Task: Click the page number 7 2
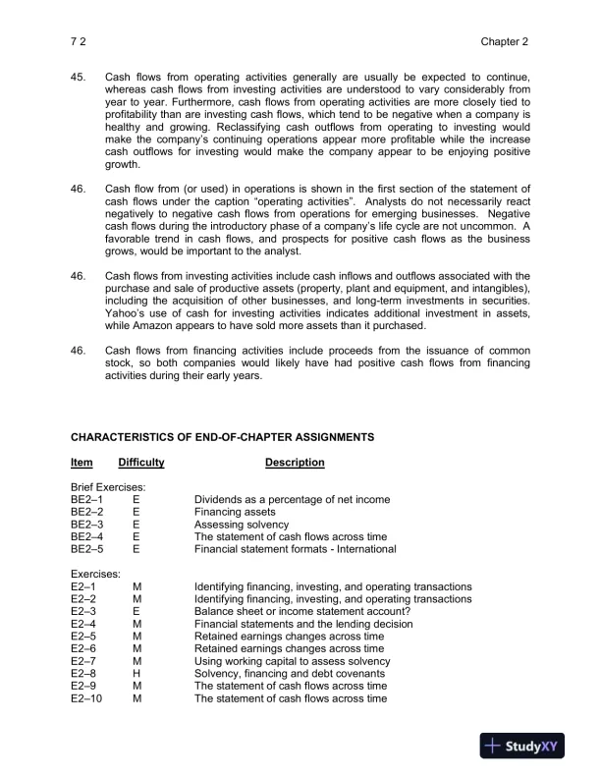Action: coord(78,42)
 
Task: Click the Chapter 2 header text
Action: coord(505,42)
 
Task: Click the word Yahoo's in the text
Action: coord(127,313)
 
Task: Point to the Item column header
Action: coord(82,463)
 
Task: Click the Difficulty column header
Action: coord(141,463)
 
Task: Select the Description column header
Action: coord(295,463)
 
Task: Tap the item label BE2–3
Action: coord(87,525)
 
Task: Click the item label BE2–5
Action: coord(87,549)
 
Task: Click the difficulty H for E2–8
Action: coord(137,674)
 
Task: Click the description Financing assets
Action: coord(235,512)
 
